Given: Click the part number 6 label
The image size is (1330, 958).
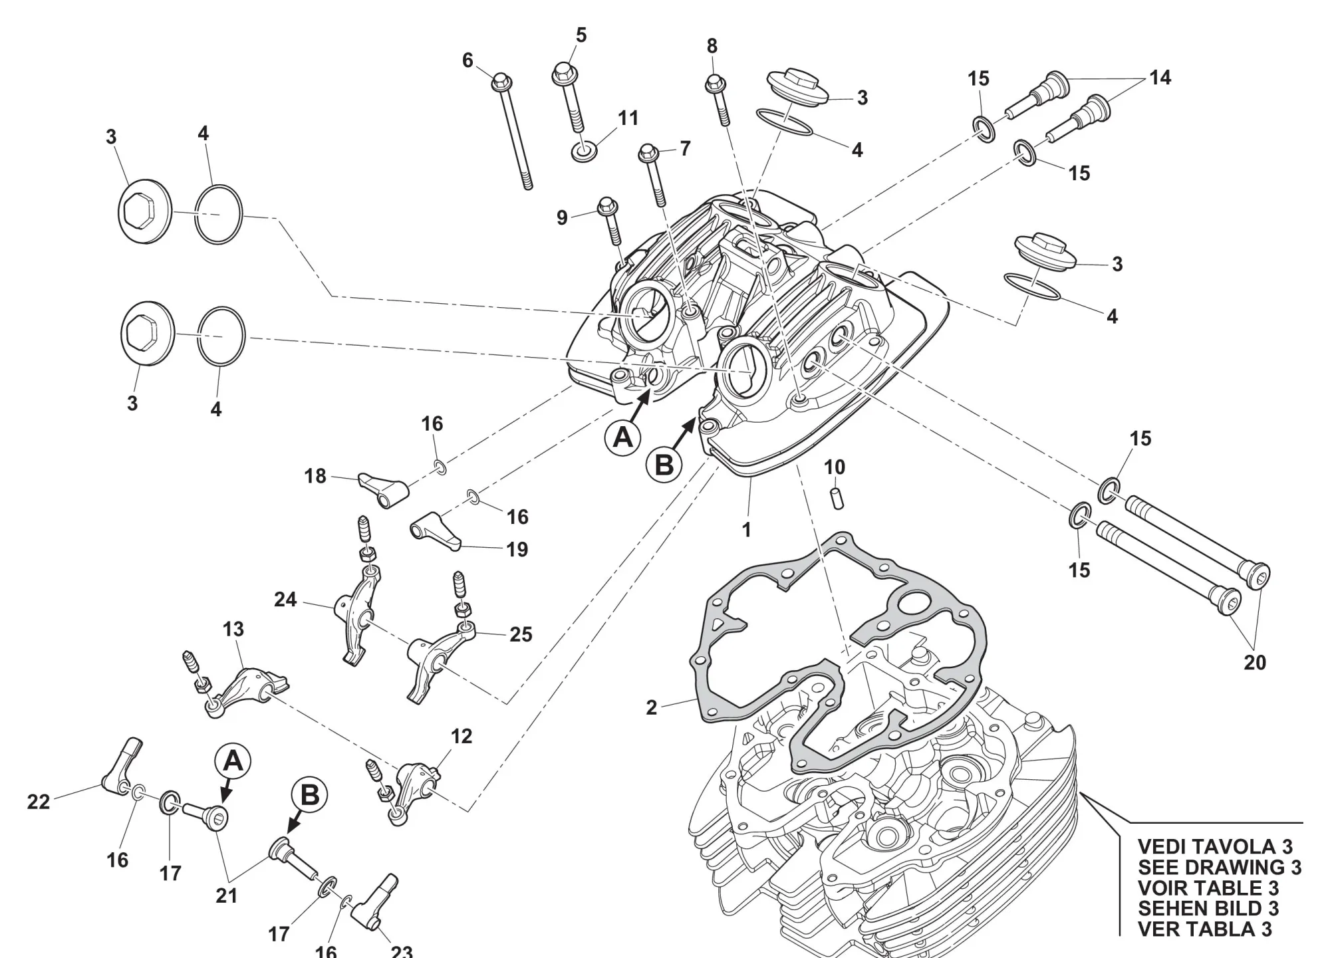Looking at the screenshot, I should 467,60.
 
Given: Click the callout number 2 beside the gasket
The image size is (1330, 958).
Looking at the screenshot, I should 652,707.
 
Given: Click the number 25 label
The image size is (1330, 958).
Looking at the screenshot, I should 521,634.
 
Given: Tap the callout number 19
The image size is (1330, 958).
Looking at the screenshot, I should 517,549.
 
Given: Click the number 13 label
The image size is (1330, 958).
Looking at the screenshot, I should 233,629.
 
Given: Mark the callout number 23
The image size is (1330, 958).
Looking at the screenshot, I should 402,951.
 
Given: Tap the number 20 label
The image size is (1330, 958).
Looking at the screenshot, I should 1255,662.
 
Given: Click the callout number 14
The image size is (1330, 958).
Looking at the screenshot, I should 1160,78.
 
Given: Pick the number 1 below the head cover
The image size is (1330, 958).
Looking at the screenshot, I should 747,529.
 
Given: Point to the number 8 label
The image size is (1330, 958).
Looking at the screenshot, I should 712,46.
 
